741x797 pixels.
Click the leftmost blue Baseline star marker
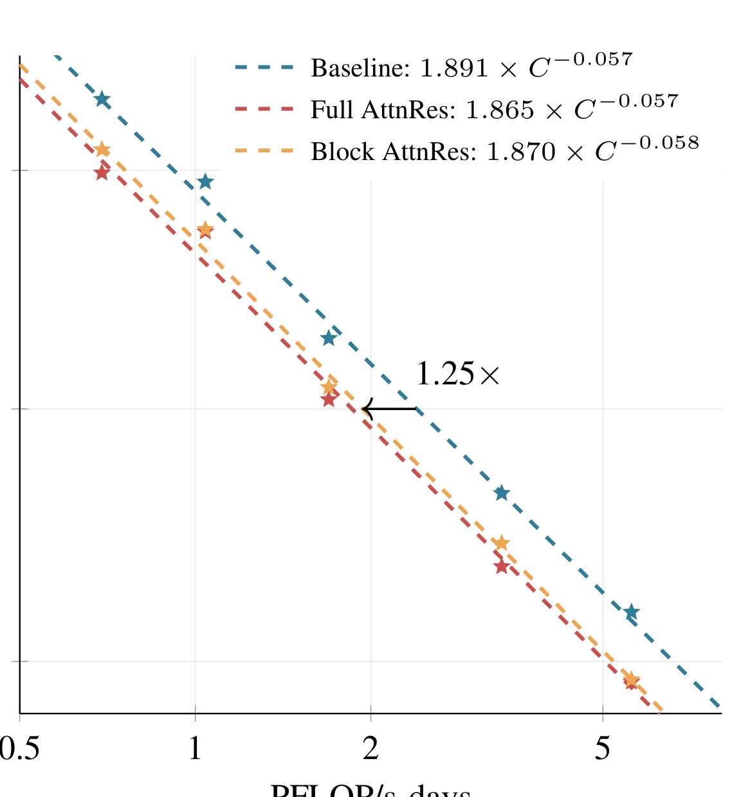102,99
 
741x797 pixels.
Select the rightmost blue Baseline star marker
631,612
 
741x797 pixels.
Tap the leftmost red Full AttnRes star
102,172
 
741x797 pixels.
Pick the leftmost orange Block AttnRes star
102,150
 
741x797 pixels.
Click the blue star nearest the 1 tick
205,182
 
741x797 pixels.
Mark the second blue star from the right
502,493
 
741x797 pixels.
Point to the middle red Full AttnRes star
329,399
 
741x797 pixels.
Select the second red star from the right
502,566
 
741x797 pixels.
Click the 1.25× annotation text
457,374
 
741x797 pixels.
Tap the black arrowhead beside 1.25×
365,409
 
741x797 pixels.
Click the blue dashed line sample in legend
264,67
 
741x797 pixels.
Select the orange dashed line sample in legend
264,152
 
